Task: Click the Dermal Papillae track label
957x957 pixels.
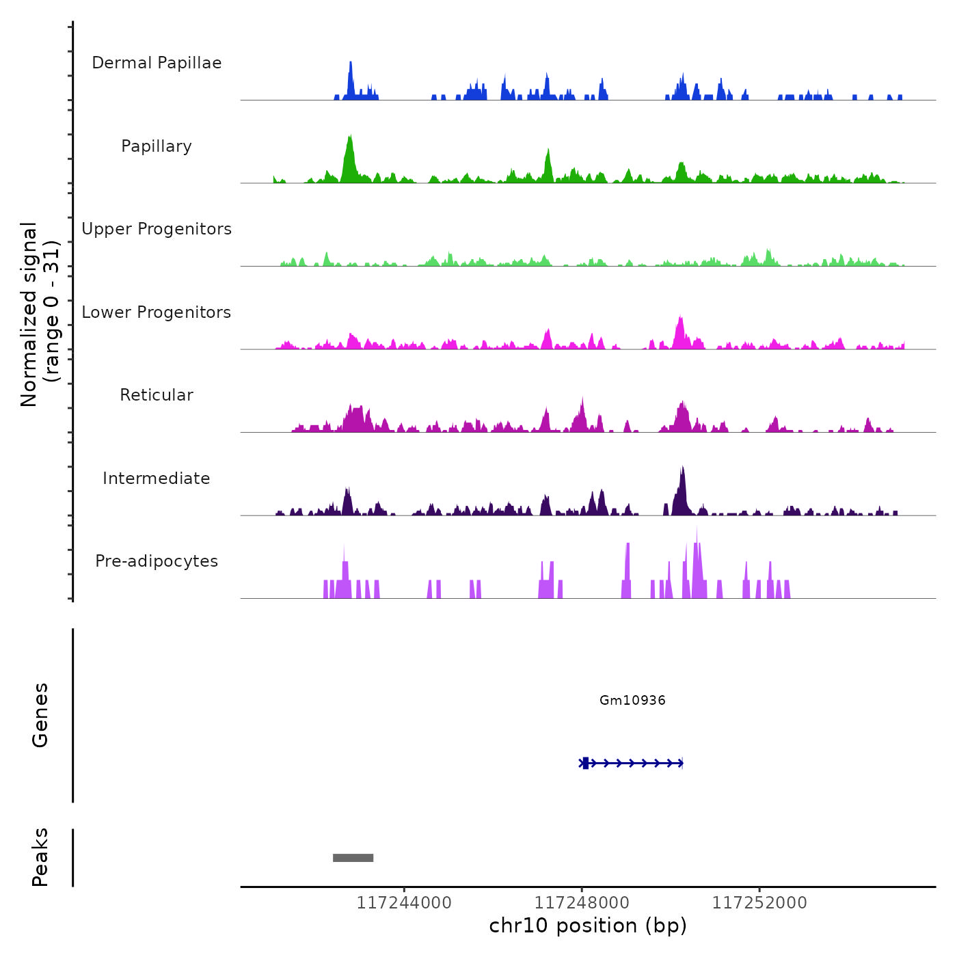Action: click(x=157, y=63)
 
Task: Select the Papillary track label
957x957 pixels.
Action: click(x=157, y=146)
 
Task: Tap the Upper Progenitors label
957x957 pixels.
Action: click(x=157, y=229)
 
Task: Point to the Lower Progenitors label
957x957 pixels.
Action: click(x=157, y=312)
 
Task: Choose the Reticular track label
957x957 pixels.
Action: click(x=157, y=395)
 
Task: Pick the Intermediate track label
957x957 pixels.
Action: click(x=157, y=478)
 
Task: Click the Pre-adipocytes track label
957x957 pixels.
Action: click(x=157, y=561)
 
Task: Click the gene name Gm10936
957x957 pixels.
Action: click(x=632, y=700)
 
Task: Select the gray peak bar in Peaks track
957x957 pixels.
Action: click(x=353, y=858)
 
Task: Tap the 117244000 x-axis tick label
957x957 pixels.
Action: click(x=404, y=903)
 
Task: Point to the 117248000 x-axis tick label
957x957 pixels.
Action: click(x=582, y=903)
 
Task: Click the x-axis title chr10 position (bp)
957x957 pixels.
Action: click(x=588, y=926)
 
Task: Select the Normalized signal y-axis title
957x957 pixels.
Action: click(x=40, y=314)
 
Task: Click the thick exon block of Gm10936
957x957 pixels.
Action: click(x=586, y=763)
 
